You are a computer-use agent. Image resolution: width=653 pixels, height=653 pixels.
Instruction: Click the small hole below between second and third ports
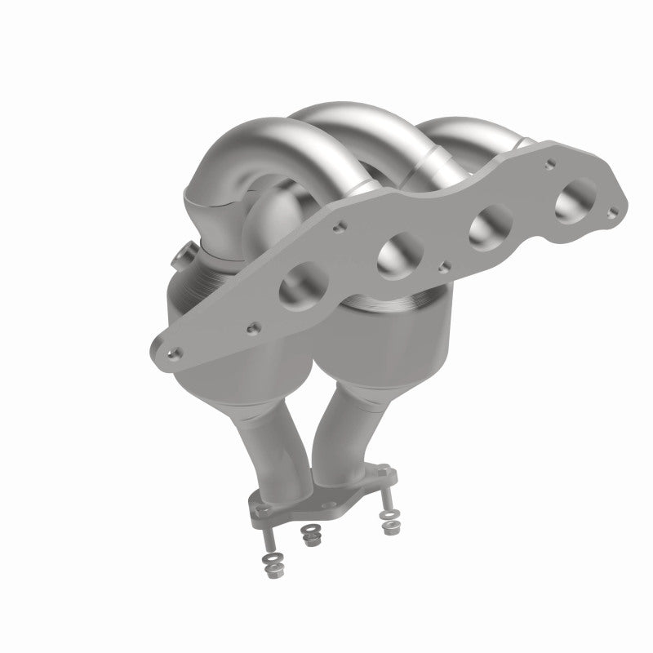[441, 264]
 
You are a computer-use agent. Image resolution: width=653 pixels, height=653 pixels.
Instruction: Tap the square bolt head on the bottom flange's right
[381, 471]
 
